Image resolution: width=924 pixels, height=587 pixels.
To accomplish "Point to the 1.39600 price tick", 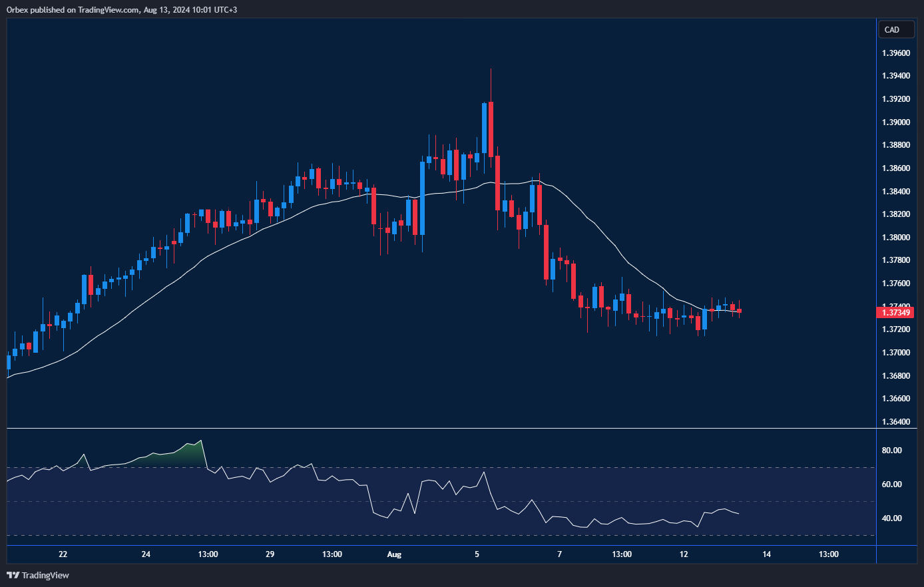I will (x=895, y=53).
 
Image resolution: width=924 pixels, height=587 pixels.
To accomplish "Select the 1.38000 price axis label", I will (x=895, y=238).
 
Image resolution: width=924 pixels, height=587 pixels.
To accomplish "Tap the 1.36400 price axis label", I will (x=895, y=422).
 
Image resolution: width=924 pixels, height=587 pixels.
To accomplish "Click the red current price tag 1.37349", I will (x=896, y=312).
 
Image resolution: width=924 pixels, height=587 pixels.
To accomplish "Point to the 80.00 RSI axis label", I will (x=891, y=451).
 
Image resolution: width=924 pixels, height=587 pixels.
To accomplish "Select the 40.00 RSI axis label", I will (x=891, y=518).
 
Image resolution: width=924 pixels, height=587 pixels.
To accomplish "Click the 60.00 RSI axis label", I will (x=891, y=485).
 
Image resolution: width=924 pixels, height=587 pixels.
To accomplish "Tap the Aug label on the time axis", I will (x=394, y=554).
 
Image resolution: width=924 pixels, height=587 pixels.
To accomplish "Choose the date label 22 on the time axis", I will (x=63, y=554).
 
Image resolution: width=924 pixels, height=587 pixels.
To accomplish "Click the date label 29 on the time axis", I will (x=270, y=554).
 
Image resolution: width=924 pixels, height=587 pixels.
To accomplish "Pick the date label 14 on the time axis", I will (x=767, y=554).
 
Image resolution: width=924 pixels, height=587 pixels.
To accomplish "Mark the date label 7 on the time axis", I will (x=560, y=554).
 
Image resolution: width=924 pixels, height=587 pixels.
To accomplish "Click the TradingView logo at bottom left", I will (x=38, y=575).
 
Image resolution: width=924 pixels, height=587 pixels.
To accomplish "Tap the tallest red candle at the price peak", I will (x=491, y=129).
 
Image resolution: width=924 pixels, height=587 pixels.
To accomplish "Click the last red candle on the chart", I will (x=740, y=311).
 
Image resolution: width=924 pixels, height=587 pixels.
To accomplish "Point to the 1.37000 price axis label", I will (x=895, y=353).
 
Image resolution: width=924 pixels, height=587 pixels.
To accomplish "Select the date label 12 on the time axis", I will (x=684, y=554).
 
